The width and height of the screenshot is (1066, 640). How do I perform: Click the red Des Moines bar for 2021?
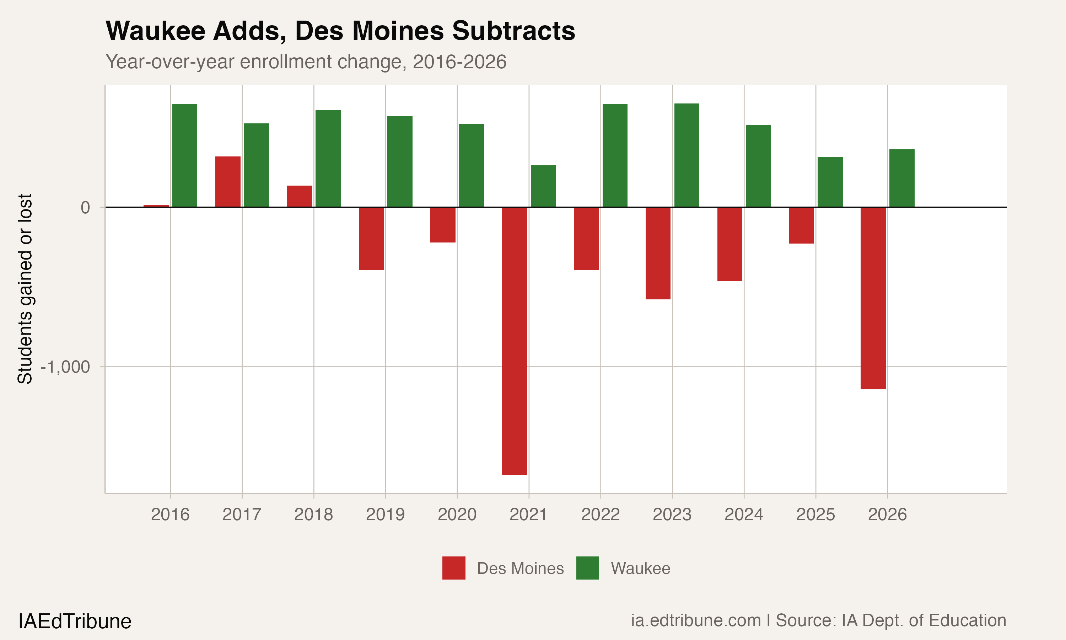click(515, 341)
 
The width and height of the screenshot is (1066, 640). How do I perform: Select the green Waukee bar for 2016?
click(185, 155)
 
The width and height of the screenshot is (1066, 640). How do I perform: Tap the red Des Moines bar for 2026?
click(873, 298)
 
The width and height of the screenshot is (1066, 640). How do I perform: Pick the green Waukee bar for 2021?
click(543, 186)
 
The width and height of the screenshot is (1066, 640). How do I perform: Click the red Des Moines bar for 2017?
click(228, 182)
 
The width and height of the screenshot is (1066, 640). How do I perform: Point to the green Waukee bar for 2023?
click(687, 155)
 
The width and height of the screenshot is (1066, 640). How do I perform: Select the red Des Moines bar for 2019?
click(371, 239)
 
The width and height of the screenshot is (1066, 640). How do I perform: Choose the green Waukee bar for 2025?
click(830, 182)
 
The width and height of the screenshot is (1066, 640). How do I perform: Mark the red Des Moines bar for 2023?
click(658, 253)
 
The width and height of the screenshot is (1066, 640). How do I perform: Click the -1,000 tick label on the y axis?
click(65, 367)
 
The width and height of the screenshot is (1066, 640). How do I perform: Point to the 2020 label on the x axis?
click(457, 514)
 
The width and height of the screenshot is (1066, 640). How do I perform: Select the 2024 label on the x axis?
click(744, 514)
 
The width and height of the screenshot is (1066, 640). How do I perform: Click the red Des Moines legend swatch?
click(454, 568)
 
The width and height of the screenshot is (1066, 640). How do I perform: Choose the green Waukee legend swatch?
click(587, 568)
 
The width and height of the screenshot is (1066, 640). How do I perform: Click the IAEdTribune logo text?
click(75, 622)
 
